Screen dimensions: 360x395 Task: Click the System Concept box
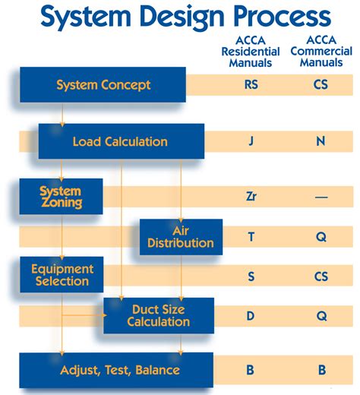click(x=103, y=84)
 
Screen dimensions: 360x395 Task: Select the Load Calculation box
click(x=122, y=141)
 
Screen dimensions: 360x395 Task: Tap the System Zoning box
click(x=62, y=197)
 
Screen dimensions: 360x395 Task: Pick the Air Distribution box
click(x=181, y=237)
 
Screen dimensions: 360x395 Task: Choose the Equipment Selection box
click(x=62, y=275)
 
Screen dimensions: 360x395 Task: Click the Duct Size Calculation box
click(x=159, y=315)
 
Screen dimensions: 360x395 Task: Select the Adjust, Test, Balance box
click(x=116, y=370)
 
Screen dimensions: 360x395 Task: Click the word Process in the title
click(x=283, y=17)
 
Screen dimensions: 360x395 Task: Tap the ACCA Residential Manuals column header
click(x=251, y=52)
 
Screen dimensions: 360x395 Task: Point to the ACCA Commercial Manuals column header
click(x=321, y=51)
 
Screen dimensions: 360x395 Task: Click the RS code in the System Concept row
click(x=251, y=84)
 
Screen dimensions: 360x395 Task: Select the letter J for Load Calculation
click(x=251, y=141)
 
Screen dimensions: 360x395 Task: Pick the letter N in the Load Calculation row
click(x=321, y=141)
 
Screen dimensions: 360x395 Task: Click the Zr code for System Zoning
click(x=251, y=197)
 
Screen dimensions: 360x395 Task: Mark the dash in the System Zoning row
click(x=321, y=197)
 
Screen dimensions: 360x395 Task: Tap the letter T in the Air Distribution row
click(x=251, y=237)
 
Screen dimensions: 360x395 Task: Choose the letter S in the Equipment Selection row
click(x=251, y=276)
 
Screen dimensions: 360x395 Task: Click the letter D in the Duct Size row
click(x=250, y=316)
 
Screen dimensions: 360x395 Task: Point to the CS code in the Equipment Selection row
click(x=321, y=276)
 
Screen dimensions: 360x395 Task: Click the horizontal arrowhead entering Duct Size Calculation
click(x=104, y=315)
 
